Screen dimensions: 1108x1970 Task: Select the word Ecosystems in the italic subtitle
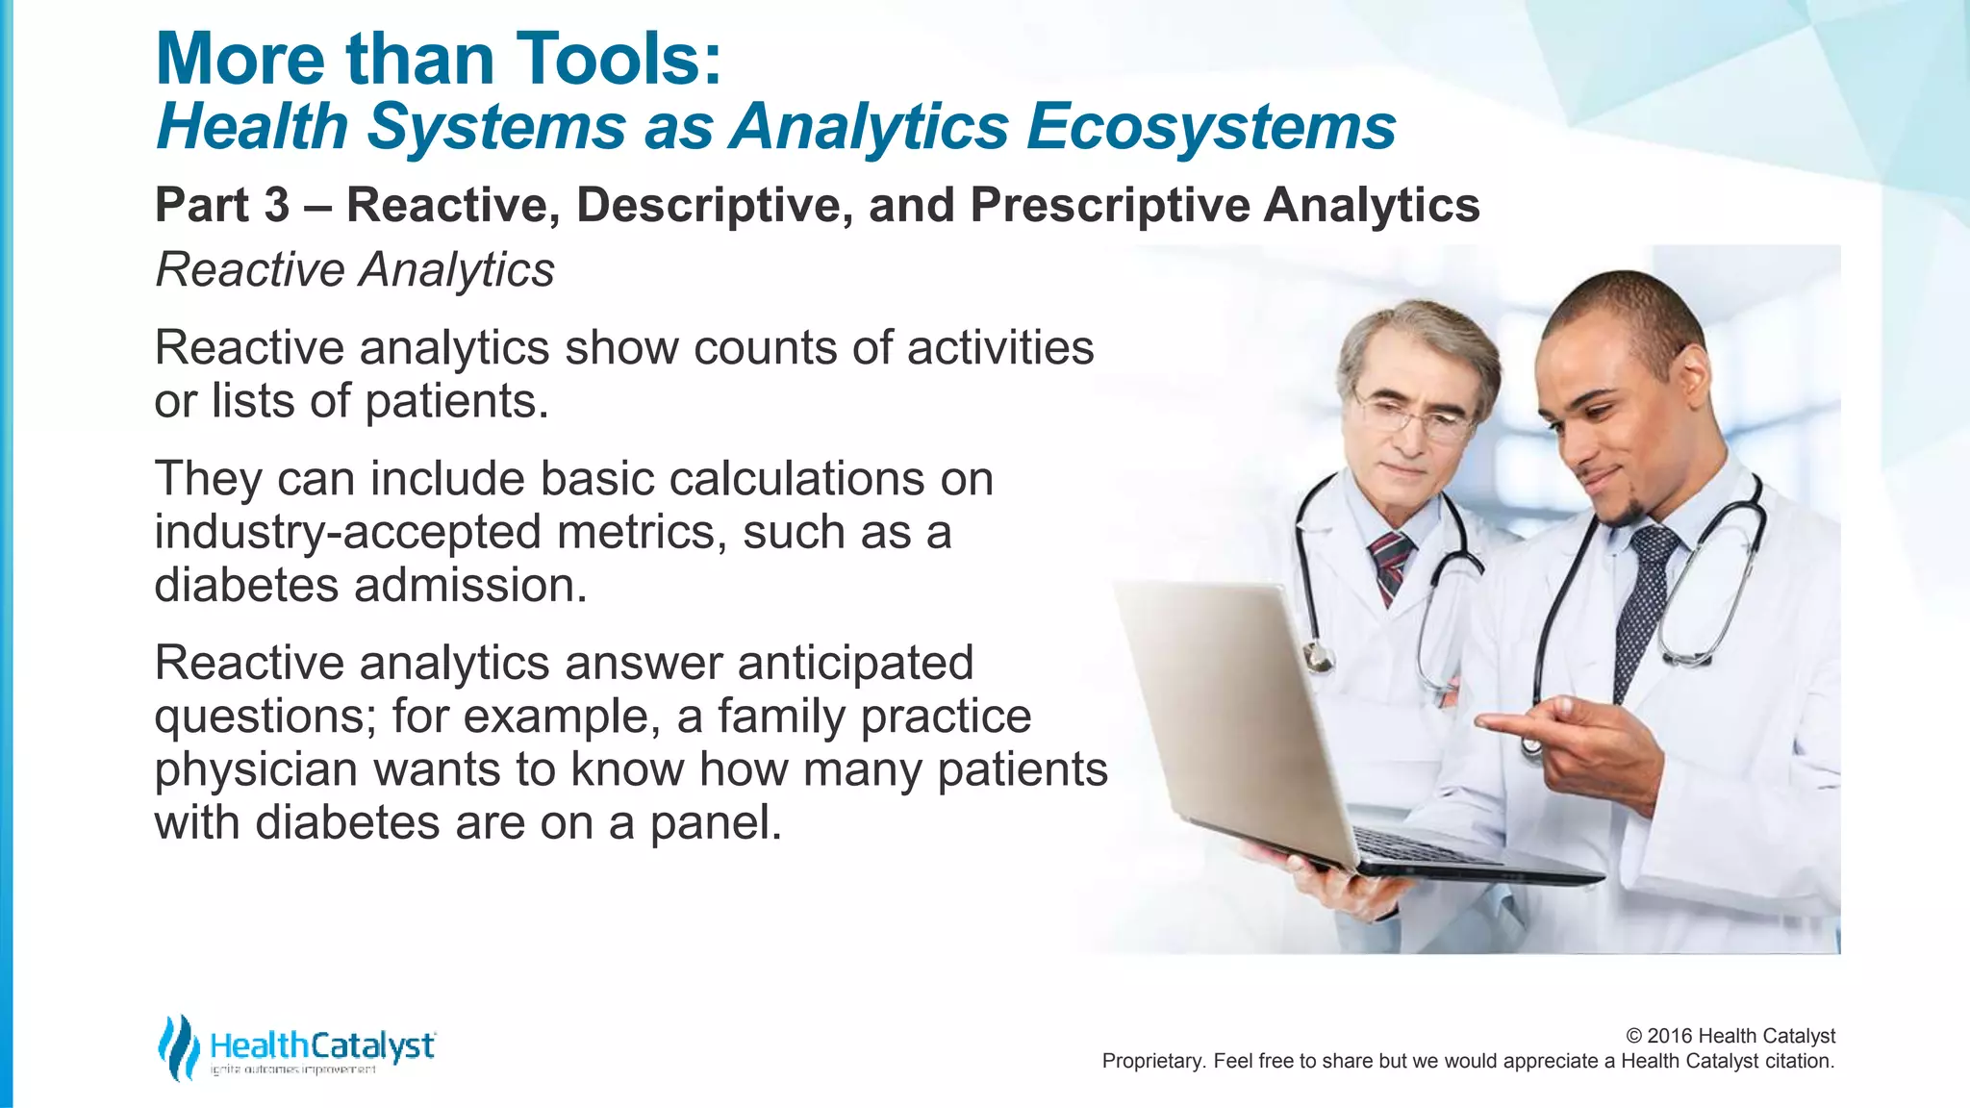1210,127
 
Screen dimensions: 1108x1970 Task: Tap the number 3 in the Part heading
276,205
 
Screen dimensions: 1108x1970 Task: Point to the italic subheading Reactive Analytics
355,269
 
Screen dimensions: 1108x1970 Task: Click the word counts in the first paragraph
765,347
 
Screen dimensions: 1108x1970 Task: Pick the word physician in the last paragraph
256,769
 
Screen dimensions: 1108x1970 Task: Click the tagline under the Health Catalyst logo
292,1070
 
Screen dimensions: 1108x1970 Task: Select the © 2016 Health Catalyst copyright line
1730,1036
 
